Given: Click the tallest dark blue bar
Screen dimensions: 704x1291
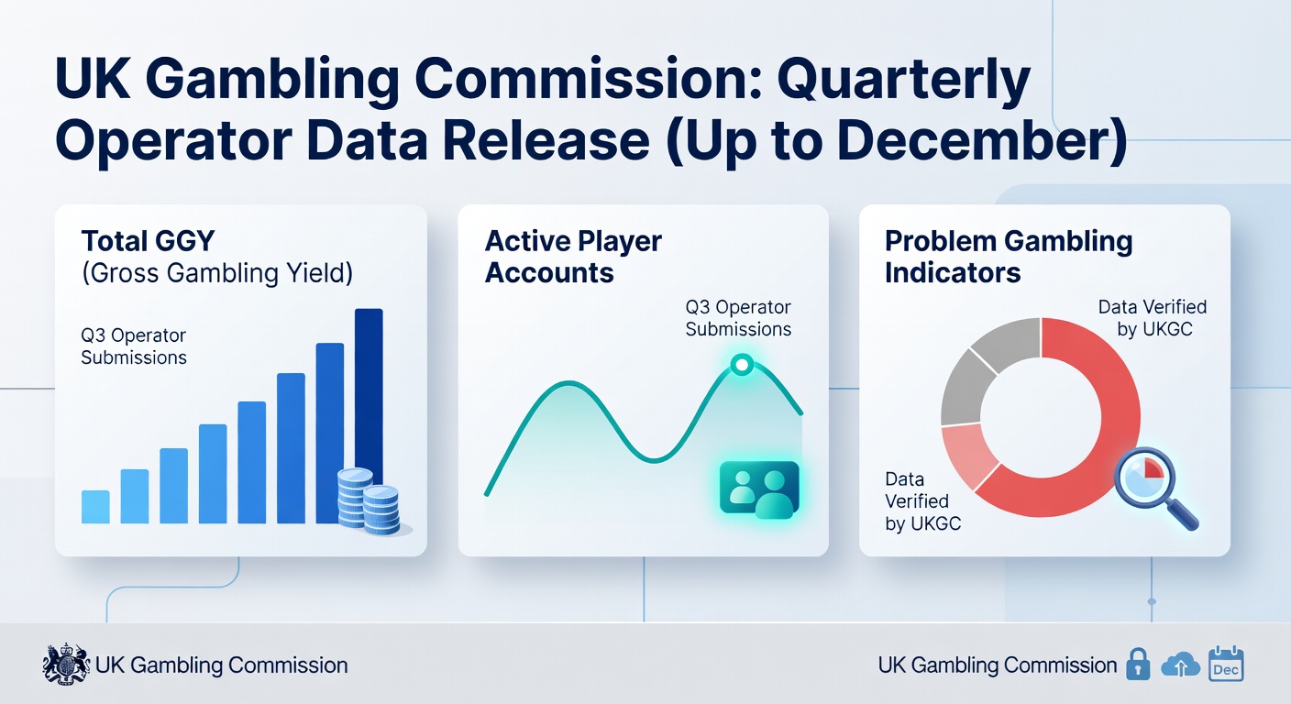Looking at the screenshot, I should point(369,385).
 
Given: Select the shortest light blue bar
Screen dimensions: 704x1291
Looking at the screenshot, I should point(95,507).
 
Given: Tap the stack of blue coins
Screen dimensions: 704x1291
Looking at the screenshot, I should point(369,500).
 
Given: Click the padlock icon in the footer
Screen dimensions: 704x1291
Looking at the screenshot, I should point(1138,665).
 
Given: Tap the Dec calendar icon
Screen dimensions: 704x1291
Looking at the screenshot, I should point(1226,664).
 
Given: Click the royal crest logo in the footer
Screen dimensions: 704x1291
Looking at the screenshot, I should point(66,665).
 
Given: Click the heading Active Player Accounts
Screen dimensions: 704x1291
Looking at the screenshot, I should point(573,257).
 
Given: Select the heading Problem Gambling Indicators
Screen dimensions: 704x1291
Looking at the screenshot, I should point(1009,257).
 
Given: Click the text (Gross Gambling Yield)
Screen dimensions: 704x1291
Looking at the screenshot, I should point(217,272).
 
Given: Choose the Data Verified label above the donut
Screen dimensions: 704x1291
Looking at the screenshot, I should point(1152,317).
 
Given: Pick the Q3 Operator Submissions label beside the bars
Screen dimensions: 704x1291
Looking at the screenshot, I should point(134,346).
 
